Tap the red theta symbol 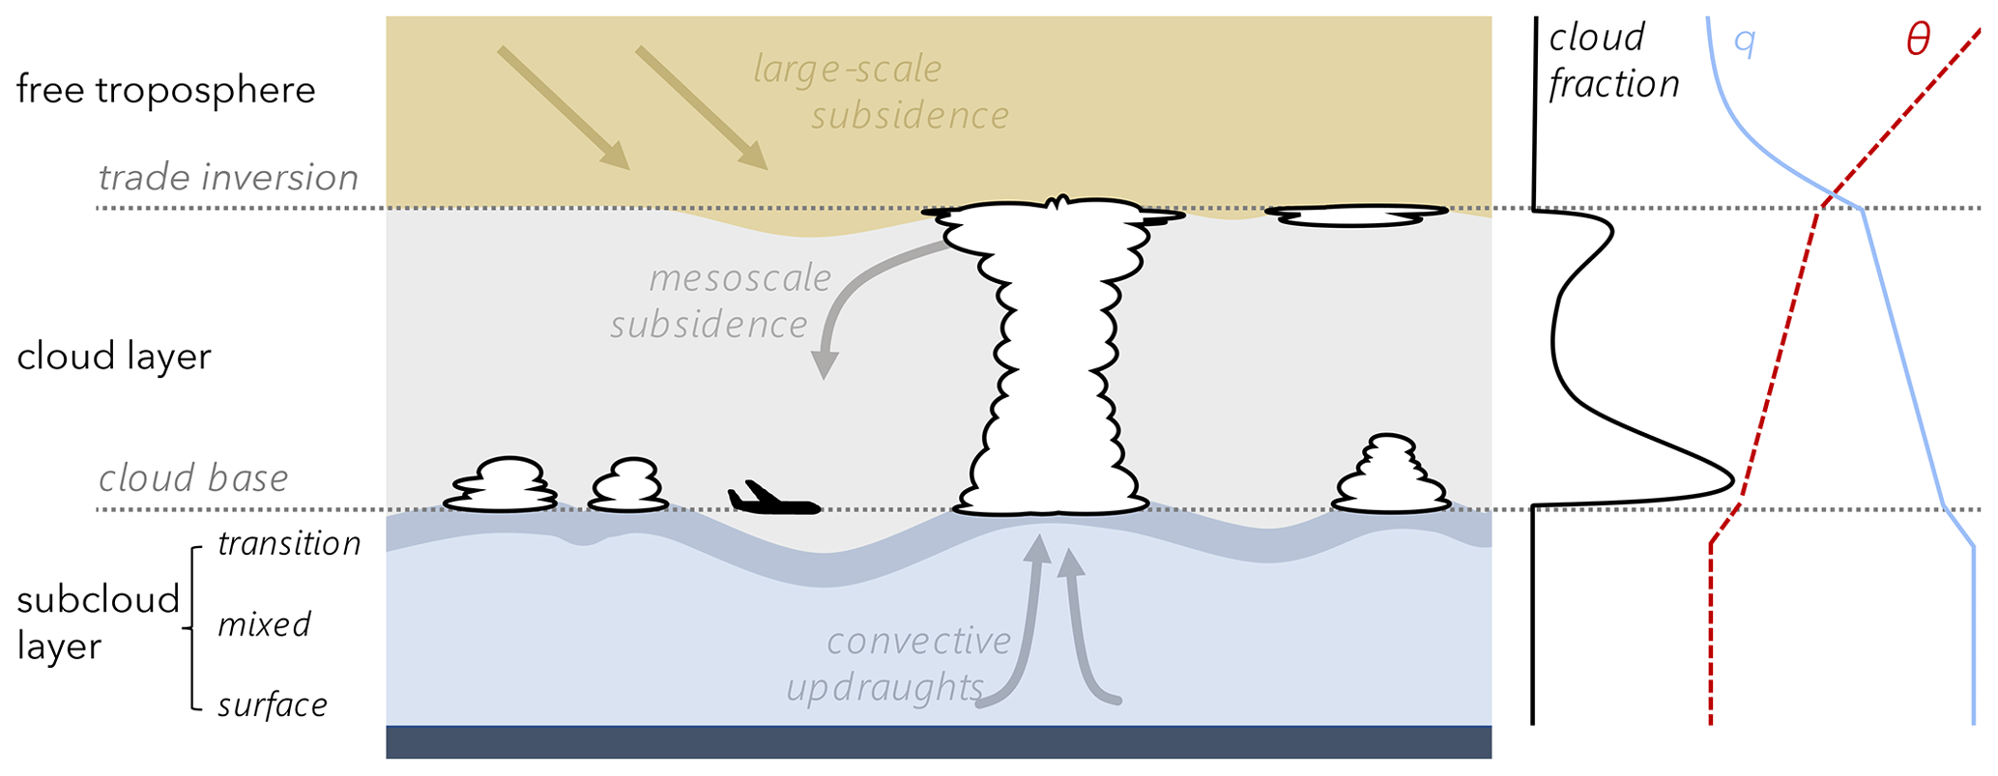click(1917, 41)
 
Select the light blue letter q click(1744, 43)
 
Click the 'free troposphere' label click(166, 90)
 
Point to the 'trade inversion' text click(228, 178)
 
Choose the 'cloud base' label click(193, 478)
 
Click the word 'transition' click(289, 544)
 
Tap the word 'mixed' click(264, 625)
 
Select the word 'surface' click(273, 705)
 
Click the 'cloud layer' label click(114, 357)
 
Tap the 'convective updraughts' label click(899, 665)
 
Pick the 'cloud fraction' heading click(1612, 61)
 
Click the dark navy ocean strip click(938, 742)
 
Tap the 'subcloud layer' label click(97, 623)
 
